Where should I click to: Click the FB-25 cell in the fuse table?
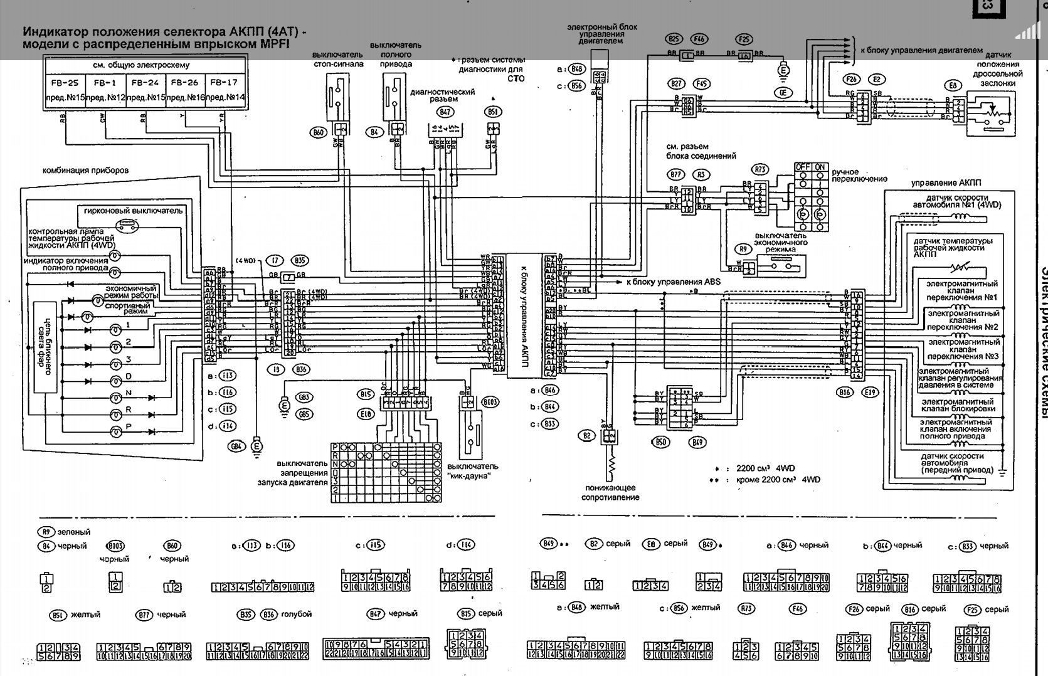(65, 82)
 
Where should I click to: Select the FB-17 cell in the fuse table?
(224, 82)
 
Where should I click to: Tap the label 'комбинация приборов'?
(85, 170)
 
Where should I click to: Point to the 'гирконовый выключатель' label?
(133, 211)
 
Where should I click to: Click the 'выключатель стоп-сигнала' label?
(338, 59)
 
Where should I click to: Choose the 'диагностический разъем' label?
(443, 95)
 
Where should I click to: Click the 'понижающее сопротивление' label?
(611, 492)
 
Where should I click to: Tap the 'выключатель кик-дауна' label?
(473, 470)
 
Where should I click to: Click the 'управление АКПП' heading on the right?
(946, 182)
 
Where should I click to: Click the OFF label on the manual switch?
(803, 167)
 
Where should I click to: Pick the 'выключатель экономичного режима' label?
(780, 243)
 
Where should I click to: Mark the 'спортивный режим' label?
(127, 308)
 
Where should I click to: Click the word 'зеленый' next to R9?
(74, 532)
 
